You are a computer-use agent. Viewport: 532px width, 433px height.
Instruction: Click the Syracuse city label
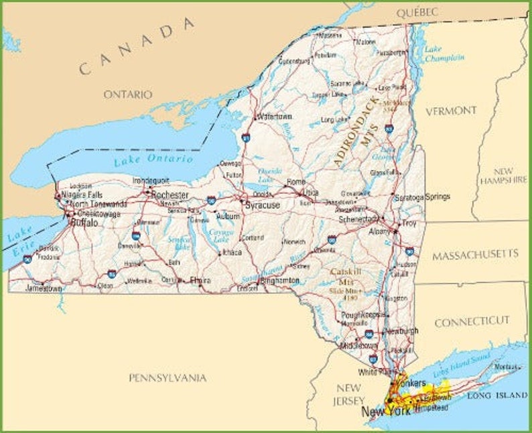(262, 205)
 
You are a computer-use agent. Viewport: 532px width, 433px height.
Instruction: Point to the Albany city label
(379, 231)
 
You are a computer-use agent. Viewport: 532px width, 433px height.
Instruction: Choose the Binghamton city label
(278, 280)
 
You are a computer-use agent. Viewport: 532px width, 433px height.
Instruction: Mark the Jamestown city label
(44, 288)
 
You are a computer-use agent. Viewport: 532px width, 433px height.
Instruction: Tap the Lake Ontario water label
(153, 160)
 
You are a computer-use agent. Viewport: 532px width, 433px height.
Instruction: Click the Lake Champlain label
(444, 54)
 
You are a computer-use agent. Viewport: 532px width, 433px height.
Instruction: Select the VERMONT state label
(452, 111)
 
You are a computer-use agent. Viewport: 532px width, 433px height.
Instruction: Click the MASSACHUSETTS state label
(475, 255)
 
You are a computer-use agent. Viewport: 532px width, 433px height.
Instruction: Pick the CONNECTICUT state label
(472, 322)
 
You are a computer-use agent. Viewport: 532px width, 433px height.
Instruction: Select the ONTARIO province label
(127, 95)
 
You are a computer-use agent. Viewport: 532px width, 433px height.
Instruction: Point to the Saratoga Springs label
(422, 197)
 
